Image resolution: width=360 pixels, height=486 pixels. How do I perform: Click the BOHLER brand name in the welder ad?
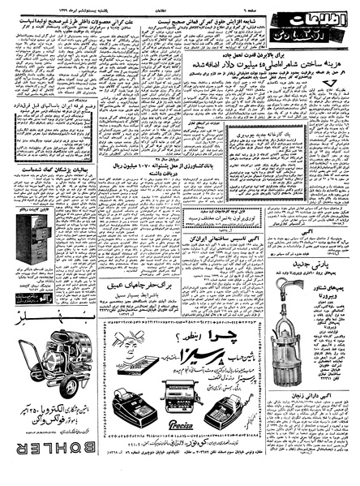point(52,471)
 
